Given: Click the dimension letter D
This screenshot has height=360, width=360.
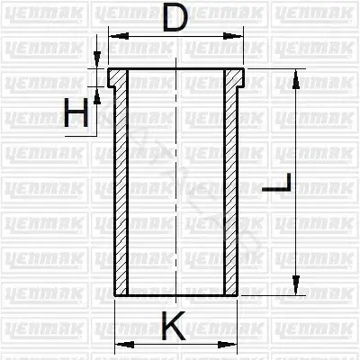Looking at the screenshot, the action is (175, 19).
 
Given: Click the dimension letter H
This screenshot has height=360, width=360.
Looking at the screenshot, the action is (76, 112).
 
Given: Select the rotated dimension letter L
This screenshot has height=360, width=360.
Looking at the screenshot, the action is (276, 183).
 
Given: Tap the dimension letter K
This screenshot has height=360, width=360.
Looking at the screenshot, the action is (173, 326).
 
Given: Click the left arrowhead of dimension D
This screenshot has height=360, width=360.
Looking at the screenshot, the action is (119, 36).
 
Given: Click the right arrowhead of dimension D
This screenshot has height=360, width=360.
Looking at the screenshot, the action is (233, 36).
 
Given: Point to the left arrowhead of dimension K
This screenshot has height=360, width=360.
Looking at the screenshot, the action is (125, 345).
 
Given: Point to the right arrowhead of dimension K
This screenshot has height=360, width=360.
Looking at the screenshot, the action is (227, 345).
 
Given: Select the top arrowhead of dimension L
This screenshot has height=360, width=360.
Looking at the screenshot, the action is (296, 79).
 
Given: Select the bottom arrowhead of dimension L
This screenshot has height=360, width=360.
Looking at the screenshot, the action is (296, 285).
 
